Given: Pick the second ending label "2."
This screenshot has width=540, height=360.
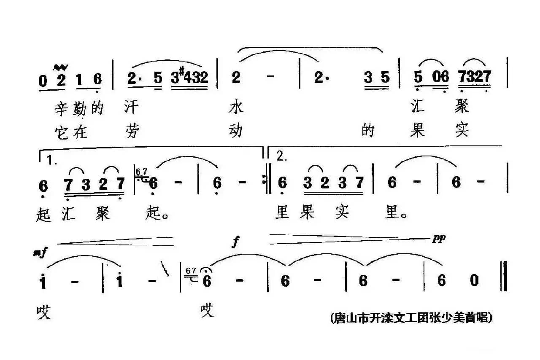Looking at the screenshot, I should click(281, 157).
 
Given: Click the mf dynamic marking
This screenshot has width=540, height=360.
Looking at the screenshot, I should click(42, 253).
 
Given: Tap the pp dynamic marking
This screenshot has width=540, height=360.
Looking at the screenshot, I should click(439, 239).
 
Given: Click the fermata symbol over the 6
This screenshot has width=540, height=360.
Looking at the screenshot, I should click(207, 271).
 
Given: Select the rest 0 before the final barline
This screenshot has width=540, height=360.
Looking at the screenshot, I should click(474, 280).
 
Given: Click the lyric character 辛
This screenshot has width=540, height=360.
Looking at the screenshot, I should click(62, 109).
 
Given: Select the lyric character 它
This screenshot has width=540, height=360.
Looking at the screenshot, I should click(62, 132).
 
